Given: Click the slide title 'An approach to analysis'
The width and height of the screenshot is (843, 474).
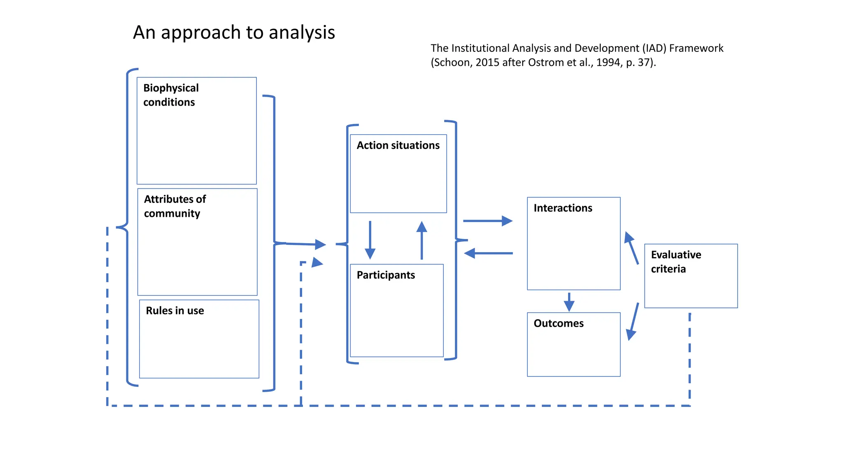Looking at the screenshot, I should (234, 33).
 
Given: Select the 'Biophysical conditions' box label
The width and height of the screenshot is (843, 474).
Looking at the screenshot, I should (171, 95).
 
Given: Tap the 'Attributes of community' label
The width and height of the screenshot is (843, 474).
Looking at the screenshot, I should (175, 206).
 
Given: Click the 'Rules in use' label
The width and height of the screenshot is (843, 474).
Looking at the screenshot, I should (175, 311).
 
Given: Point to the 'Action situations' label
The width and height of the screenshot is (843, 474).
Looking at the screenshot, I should (398, 146).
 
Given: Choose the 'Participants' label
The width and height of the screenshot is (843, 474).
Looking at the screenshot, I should (386, 275).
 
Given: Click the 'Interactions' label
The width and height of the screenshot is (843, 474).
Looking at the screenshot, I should (563, 208).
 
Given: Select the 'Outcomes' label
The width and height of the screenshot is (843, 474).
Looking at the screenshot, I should (559, 323).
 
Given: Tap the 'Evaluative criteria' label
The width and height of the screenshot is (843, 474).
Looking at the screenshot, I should (676, 262).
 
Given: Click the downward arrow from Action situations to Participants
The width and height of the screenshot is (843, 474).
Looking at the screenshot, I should (370, 240).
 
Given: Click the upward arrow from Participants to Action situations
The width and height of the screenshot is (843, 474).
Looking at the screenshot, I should (421, 240).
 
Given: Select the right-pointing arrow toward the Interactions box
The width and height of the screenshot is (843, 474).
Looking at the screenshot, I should (488, 221).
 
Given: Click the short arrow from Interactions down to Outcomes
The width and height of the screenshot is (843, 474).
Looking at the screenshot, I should (569, 302).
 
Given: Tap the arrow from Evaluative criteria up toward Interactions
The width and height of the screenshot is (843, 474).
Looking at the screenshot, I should (631, 248).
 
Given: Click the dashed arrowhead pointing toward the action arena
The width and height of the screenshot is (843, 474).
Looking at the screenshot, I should (317, 263).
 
